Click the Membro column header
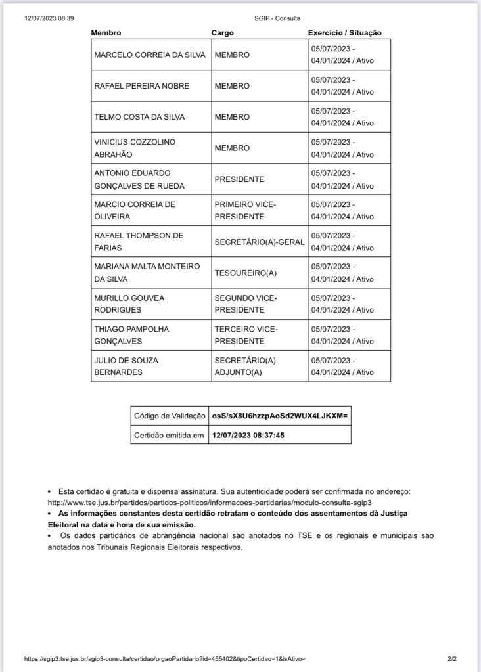coord(106,33)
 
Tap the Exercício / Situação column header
coord(344,33)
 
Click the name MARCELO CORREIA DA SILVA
coord(150,55)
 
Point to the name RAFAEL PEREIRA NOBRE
coord(141,86)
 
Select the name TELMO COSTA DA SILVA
coord(139,117)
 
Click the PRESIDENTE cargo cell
coord(239,179)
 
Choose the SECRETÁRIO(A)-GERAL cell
coord(259,242)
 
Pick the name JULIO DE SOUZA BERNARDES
coord(126,366)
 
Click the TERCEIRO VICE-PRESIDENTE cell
coord(246,335)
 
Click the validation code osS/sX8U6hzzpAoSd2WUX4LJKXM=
coord(279,416)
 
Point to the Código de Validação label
coord(169,416)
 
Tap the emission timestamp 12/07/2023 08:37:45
coord(248,435)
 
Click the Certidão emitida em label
coord(169,435)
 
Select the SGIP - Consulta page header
coord(277,18)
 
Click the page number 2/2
coord(451,658)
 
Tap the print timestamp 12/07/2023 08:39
coord(49,18)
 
